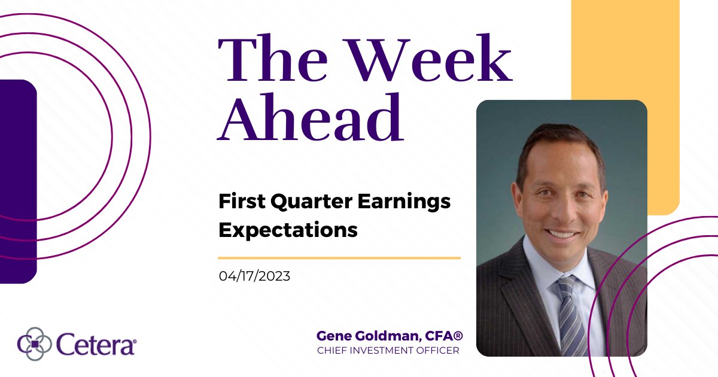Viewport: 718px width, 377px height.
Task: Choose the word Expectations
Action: [x=288, y=230]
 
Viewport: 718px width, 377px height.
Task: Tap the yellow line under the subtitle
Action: [x=339, y=258]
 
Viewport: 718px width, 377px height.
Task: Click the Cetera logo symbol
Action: [x=34, y=345]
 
